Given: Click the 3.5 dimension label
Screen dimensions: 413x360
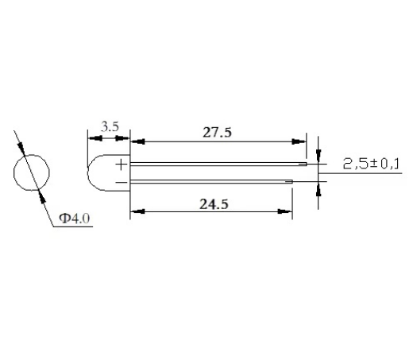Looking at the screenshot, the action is (x=110, y=126).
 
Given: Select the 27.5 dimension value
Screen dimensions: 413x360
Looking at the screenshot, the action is (x=217, y=132).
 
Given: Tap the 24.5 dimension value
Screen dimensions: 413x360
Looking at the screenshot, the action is (x=214, y=204).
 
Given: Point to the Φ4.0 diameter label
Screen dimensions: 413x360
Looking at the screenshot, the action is (x=75, y=219).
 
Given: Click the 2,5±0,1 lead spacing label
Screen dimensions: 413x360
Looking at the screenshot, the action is (x=371, y=164).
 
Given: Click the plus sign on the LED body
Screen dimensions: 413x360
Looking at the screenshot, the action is (x=122, y=165).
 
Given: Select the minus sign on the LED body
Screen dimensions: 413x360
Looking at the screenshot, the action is (x=122, y=182).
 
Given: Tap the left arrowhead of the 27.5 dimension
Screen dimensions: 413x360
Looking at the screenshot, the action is (x=138, y=141).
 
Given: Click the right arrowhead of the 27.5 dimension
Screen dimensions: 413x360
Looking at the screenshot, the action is (x=299, y=141).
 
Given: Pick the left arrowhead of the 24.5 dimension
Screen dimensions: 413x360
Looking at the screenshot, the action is (x=138, y=211).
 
